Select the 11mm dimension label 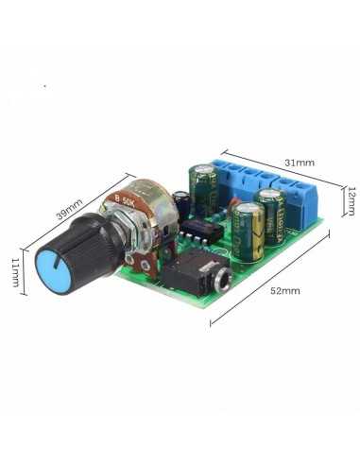coord(14,271)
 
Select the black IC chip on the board coord(200,231)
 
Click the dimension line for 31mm coord(283,172)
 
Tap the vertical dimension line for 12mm coord(342,200)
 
